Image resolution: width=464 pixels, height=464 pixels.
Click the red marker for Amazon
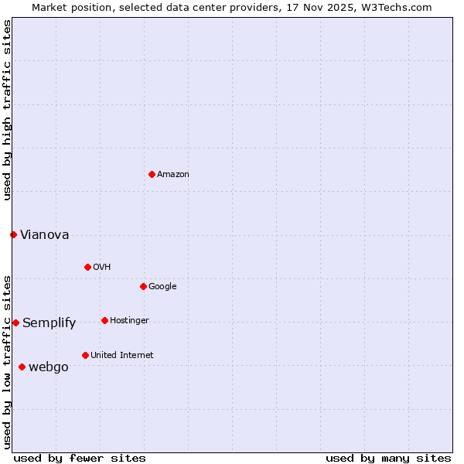[x=152, y=174]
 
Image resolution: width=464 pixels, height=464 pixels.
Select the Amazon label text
[x=173, y=175]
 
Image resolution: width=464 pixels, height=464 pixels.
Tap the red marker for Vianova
[x=13, y=234]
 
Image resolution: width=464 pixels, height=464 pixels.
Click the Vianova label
[x=45, y=235]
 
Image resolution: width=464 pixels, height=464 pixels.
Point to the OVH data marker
[x=87, y=267]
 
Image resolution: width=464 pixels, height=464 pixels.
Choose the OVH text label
[x=102, y=268]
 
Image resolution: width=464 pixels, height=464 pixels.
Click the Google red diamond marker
[x=143, y=286]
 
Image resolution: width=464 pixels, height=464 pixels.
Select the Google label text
[x=162, y=287]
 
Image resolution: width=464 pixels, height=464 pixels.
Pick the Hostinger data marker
[x=104, y=320]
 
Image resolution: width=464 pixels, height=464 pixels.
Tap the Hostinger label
[x=129, y=321]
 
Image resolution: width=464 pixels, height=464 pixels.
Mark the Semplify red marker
[x=15, y=322]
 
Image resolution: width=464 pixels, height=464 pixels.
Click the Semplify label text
[x=49, y=323]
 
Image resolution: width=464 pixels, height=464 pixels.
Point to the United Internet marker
[x=85, y=355]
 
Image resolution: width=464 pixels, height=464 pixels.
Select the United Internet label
[x=122, y=356]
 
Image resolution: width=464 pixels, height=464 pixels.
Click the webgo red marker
[x=22, y=367]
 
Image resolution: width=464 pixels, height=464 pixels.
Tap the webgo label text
[x=49, y=367]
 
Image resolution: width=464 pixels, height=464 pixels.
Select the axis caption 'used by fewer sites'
[x=80, y=458]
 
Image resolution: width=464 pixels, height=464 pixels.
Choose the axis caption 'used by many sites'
[x=388, y=458]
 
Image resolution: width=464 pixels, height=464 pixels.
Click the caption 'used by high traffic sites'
[x=7, y=110]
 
